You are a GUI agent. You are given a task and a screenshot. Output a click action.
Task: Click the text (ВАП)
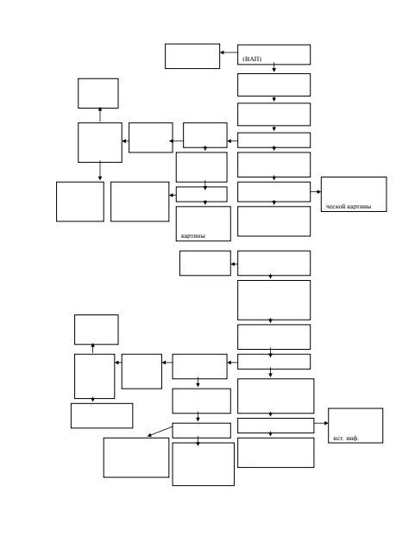(252, 59)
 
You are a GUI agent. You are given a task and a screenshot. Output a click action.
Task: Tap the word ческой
(336, 207)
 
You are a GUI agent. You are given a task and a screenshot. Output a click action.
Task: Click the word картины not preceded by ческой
(193, 236)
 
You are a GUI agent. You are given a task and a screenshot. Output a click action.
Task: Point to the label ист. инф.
(346, 439)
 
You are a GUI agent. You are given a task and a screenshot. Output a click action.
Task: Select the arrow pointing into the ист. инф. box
(321, 423)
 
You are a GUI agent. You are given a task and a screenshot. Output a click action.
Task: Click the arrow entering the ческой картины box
(316, 192)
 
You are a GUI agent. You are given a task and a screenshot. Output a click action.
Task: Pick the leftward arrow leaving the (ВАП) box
(229, 53)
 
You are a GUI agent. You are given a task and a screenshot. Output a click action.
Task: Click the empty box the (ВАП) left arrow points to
(192, 56)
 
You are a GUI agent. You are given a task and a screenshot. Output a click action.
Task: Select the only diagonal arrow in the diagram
(160, 432)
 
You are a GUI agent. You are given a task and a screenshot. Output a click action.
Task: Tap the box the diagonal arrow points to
(136, 457)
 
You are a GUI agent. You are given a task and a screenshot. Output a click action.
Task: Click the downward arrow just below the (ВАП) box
(274, 67)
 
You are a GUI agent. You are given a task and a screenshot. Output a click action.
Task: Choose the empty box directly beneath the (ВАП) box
(274, 84)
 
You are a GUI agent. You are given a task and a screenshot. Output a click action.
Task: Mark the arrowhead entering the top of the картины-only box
(205, 202)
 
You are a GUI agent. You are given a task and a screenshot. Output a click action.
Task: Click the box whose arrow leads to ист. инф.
(276, 426)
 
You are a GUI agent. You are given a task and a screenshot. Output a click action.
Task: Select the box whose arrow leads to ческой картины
(274, 192)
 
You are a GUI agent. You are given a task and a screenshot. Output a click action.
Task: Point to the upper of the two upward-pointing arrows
(100, 115)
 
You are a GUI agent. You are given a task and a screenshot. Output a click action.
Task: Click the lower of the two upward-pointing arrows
(92, 349)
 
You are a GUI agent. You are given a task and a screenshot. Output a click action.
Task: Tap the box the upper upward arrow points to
(98, 93)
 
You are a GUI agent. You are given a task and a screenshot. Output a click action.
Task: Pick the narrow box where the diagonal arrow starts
(201, 431)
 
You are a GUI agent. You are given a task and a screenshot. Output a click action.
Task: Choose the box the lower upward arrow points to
(97, 330)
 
